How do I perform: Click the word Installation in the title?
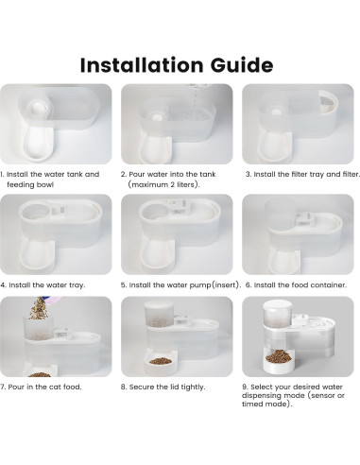coord(142,65)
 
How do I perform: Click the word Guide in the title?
coord(242,65)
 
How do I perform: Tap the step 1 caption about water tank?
coord(50,180)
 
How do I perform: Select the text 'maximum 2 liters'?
coord(163,184)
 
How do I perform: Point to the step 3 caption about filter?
coord(302,174)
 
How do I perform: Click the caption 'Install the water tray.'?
coord(43,285)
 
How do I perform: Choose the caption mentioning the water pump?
coord(180,285)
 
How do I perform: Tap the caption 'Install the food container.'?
coord(296,285)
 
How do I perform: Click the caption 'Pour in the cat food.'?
coord(41,387)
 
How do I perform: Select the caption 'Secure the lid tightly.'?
coord(163,387)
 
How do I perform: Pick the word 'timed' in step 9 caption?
coord(251,405)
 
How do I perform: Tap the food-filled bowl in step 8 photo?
coord(161,365)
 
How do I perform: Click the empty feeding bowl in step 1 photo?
coord(39,145)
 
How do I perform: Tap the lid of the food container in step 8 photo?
coord(159,304)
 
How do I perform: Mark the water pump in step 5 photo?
coord(180,207)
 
